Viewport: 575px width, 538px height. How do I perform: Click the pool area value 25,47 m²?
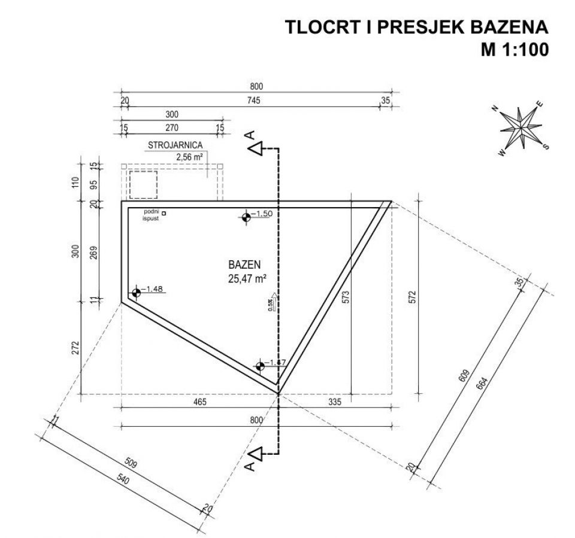point(247,277)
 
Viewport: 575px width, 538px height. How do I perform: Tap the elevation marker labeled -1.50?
point(246,217)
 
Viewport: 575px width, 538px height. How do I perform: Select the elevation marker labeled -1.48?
point(136,292)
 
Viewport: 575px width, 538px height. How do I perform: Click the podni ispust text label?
point(150,215)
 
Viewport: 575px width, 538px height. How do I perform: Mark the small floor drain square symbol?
point(164,213)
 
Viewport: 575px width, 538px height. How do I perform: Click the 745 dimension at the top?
point(254,101)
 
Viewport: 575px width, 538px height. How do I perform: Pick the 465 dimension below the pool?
point(199,402)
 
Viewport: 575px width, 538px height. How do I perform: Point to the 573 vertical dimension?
point(346,297)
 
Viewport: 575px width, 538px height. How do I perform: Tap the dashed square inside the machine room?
point(143,184)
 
